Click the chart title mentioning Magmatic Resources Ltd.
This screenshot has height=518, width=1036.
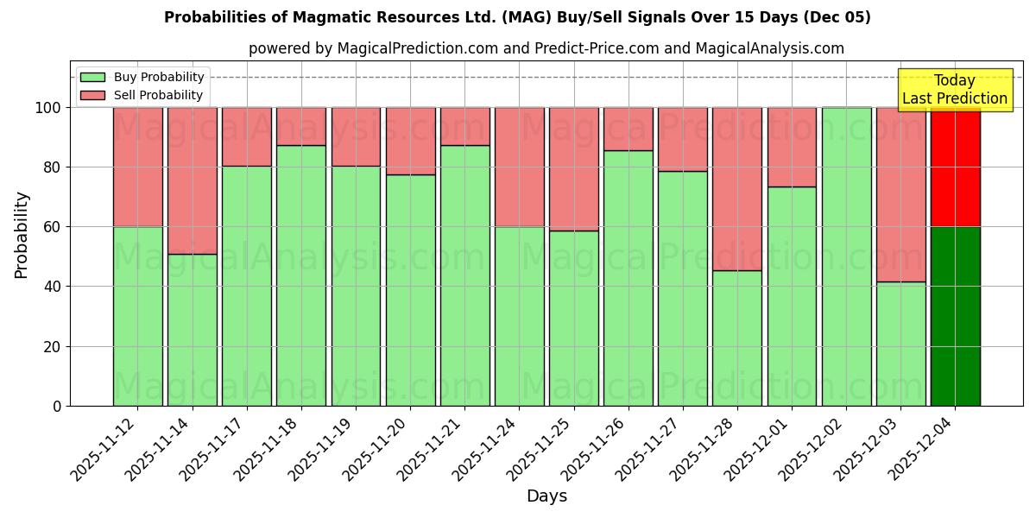tap(517, 17)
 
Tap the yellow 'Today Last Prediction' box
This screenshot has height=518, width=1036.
tap(954, 90)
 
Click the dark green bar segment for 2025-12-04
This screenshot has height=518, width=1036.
tap(955, 316)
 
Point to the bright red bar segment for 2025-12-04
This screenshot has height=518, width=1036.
tap(955, 167)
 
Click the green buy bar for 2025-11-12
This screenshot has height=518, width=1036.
tap(138, 316)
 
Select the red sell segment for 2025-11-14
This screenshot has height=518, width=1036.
tap(193, 180)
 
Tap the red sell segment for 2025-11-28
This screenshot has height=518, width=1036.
tap(737, 189)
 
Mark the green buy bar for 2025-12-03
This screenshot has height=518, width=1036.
tap(900, 344)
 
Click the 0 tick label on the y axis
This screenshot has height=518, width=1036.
tap(57, 406)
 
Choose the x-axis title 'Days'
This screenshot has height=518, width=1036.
tap(546, 496)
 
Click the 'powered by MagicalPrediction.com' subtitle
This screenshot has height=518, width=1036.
tap(546, 48)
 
